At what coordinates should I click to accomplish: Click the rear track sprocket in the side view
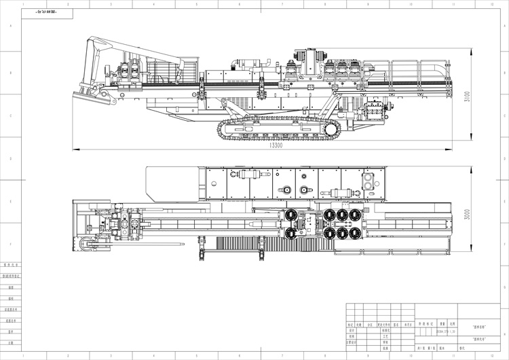tap(331, 129)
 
